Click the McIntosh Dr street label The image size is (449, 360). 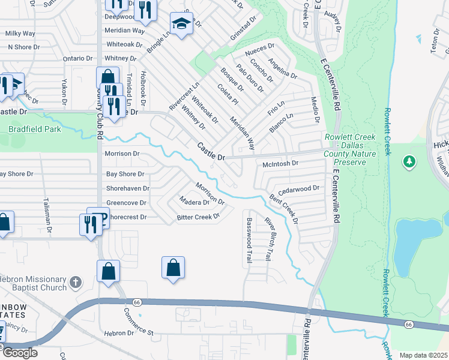click(280, 163)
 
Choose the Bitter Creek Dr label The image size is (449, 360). click(198, 217)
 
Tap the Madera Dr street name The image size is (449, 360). click(194, 202)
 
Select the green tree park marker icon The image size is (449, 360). click(409, 162)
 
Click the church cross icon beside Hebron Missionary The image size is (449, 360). click(75, 281)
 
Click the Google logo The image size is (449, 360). click(20, 352)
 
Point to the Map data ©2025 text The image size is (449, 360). click(423, 355)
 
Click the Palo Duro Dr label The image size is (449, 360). click(250, 78)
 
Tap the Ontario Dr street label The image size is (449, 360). click(74, 59)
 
